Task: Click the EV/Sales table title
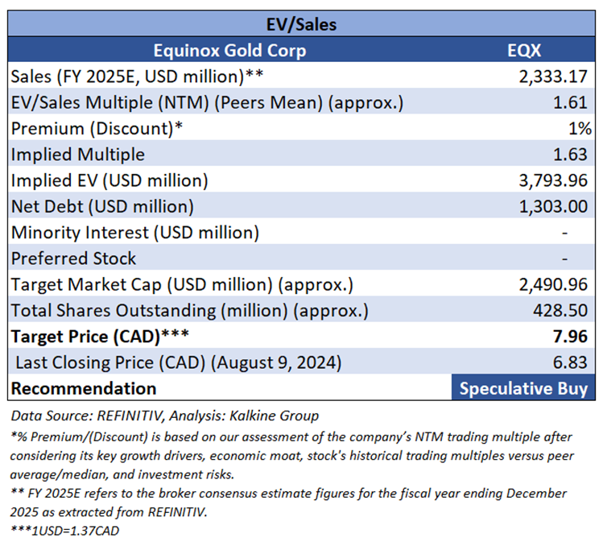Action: point(301,24)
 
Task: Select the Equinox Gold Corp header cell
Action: point(229,51)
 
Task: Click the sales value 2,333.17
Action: point(555,77)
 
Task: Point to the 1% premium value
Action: point(580,129)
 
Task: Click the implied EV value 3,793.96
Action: point(555,180)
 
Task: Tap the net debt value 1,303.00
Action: point(555,206)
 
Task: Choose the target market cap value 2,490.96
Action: point(555,284)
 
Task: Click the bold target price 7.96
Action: point(575,336)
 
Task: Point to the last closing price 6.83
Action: point(575,362)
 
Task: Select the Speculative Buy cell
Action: point(523,388)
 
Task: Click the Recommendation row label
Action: point(85,388)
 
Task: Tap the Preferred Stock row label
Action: point(74,259)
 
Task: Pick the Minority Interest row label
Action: point(135,233)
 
